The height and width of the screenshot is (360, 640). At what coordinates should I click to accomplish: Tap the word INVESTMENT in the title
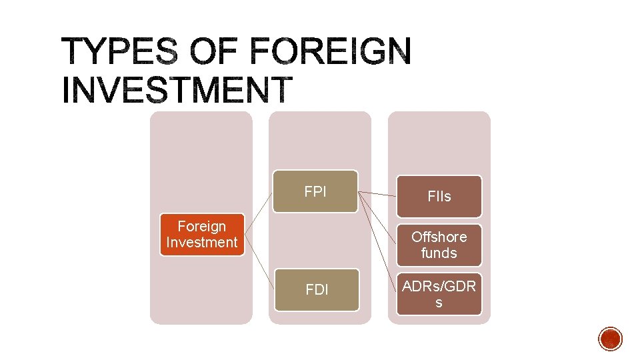click(177, 90)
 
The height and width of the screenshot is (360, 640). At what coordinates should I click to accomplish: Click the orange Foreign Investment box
click(201, 235)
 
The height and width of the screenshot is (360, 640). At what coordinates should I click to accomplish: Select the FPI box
click(315, 192)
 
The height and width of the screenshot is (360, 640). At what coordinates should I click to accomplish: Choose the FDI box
click(317, 290)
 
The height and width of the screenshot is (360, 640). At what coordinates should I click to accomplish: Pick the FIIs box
click(439, 197)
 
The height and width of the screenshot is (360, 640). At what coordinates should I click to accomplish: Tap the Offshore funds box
click(439, 245)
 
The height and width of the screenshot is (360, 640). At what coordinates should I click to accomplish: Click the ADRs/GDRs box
click(439, 294)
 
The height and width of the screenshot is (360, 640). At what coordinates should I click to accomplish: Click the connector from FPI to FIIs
click(377, 195)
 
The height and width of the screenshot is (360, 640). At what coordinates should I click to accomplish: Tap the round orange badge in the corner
click(610, 339)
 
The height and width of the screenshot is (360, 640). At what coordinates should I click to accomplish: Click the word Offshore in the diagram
click(439, 237)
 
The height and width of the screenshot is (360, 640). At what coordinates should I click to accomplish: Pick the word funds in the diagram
click(439, 253)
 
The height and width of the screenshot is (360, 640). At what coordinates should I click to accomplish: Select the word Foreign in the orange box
click(201, 227)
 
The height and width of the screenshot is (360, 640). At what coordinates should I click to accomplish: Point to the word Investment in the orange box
click(201, 242)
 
